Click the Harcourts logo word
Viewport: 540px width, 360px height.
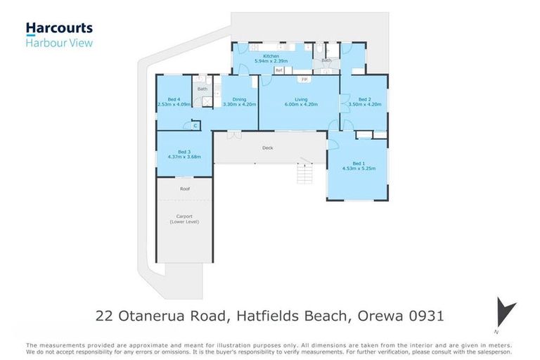(59, 28)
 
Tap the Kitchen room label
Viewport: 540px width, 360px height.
(271, 56)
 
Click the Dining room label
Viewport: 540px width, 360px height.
(239, 99)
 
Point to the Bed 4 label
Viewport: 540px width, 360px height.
(174, 99)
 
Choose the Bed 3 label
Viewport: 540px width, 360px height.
(184, 152)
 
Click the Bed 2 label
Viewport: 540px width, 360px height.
(364, 99)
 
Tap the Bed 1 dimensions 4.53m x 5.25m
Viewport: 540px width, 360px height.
(357, 169)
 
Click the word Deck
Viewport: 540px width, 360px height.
(267, 148)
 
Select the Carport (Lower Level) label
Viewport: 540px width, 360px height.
(184, 219)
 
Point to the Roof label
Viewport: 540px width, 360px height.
(184, 188)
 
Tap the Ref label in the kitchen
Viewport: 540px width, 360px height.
(278, 70)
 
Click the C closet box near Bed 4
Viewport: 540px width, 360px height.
(194, 125)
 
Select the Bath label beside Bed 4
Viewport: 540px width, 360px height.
(202, 89)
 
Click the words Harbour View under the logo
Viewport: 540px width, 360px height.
(59, 43)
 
